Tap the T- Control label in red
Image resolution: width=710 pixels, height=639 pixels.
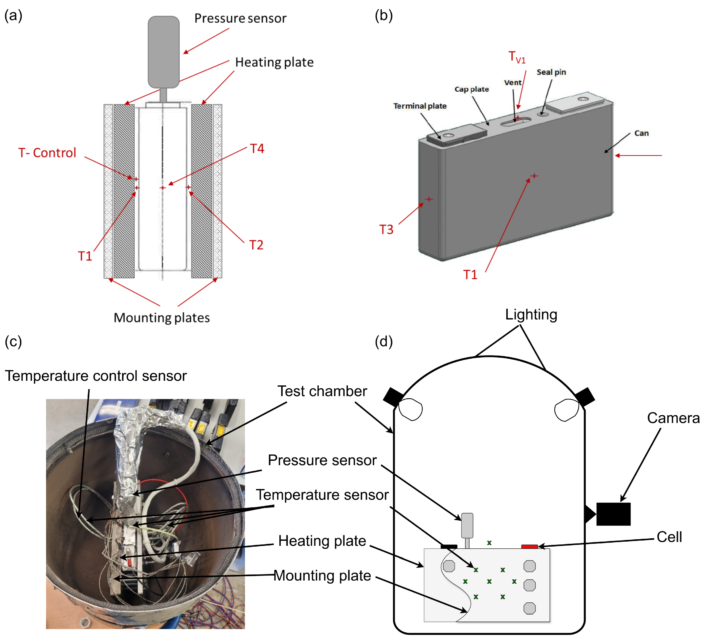pyautogui.click(x=47, y=153)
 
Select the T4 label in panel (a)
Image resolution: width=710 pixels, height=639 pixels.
pyautogui.click(x=257, y=148)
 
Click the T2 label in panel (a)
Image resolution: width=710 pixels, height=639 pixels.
pyautogui.click(x=256, y=245)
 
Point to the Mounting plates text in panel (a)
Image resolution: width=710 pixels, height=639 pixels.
pyautogui.click(x=162, y=318)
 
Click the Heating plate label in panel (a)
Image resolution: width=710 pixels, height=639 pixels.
pyautogui.click(x=274, y=62)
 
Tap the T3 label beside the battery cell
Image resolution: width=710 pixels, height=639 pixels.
pyautogui.click(x=386, y=229)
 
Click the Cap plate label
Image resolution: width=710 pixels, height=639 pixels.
pyautogui.click(x=471, y=89)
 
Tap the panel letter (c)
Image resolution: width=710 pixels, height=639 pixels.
pyautogui.click(x=13, y=341)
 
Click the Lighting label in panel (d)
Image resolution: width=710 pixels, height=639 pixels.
pyautogui.click(x=531, y=314)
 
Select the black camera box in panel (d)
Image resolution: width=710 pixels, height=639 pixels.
pyautogui.click(x=613, y=514)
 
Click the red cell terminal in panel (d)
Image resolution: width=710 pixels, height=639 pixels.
pyautogui.click(x=529, y=546)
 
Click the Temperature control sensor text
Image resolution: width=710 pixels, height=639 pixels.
pyautogui.click(x=95, y=376)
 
